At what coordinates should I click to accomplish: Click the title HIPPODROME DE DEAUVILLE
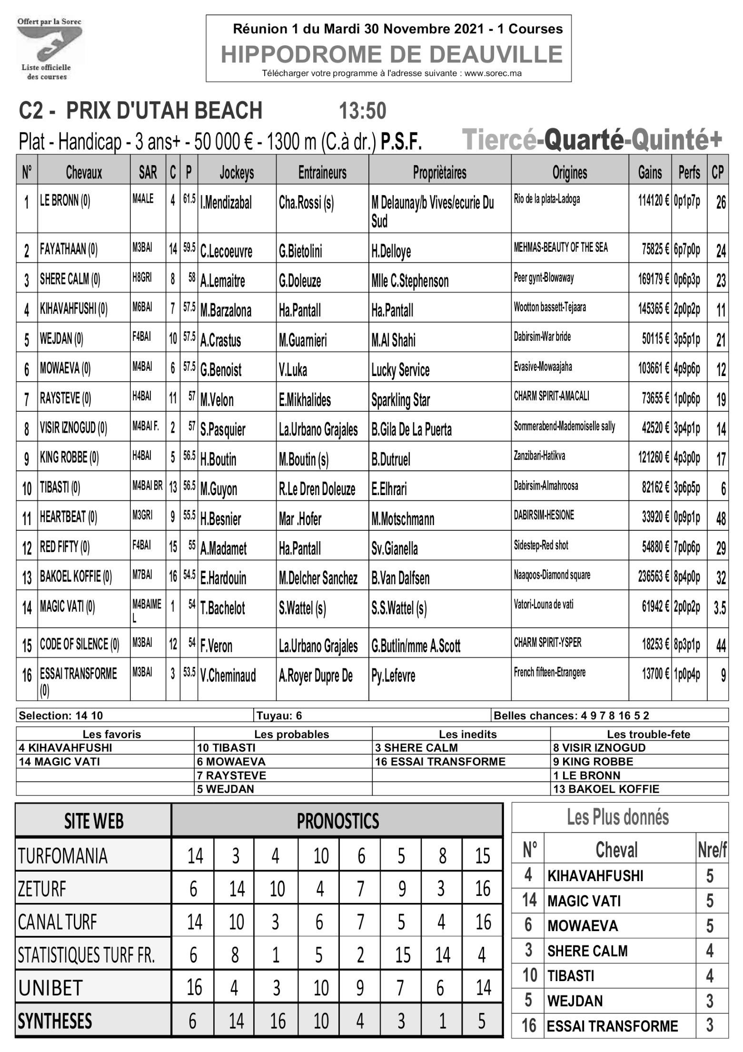click(391, 54)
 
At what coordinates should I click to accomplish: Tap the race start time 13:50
click(362, 111)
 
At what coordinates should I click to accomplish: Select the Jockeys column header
click(237, 172)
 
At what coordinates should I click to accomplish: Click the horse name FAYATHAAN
click(69, 249)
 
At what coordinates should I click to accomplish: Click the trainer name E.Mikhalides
click(305, 399)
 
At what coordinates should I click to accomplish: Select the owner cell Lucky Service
click(400, 370)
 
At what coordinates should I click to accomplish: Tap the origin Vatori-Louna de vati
click(544, 605)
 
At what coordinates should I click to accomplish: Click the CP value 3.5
click(719, 608)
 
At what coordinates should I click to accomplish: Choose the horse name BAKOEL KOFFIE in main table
click(76, 577)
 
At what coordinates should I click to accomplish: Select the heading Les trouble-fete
click(648, 734)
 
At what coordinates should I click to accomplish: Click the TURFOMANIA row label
click(63, 855)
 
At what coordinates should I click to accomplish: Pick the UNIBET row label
click(50, 988)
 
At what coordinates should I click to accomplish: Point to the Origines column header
click(569, 172)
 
